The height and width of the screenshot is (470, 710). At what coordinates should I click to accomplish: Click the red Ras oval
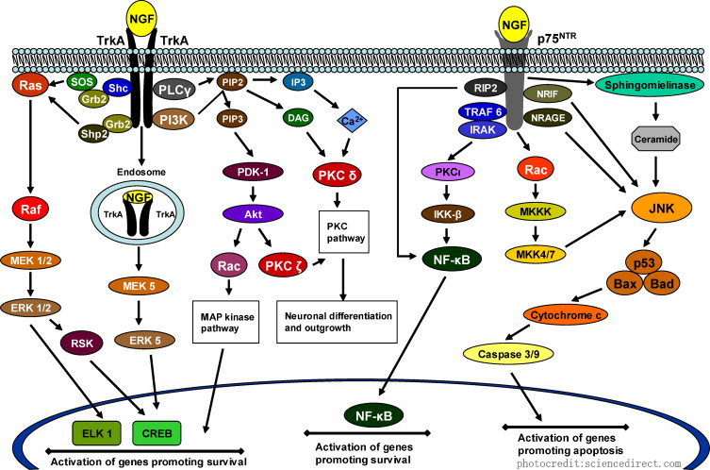point(27,86)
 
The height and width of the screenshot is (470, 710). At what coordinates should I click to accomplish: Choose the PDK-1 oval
point(251,173)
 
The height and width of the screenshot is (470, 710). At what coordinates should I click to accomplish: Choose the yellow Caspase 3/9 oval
point(516,353)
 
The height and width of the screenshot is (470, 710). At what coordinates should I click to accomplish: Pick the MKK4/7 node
point(531,253)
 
